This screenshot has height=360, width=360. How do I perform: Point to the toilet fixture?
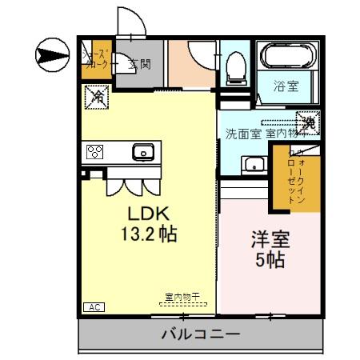click(236, 69)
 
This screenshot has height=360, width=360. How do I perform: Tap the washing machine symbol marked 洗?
click(308, 122)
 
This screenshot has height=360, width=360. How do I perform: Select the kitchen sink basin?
click(144, 150)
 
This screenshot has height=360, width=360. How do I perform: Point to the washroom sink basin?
click(254, 166)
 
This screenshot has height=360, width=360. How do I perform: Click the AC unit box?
click(92, 307)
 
